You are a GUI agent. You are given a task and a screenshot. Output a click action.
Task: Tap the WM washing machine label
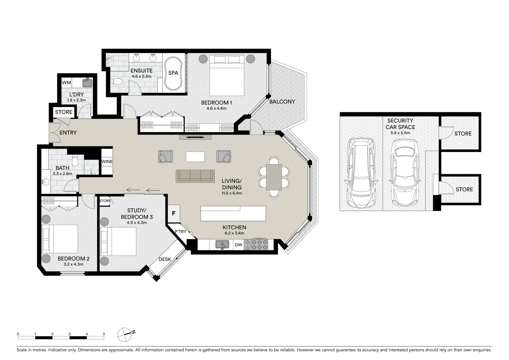tap(66, 82)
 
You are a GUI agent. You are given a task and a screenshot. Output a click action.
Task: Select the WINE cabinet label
tap(107, 162)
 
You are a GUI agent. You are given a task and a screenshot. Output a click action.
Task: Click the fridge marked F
tap(173, 213)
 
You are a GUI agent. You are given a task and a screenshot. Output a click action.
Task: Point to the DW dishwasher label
tap(239, 245)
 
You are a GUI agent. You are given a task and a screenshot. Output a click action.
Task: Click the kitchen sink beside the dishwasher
tap(222, 245)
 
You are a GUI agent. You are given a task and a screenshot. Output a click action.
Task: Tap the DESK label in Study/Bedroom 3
tap(165, 259)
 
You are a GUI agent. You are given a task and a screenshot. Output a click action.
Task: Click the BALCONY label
tap(282, 102)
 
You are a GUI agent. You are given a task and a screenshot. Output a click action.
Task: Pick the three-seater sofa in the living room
tap(195, 176)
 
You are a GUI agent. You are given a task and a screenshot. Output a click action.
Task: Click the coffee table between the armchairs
tap(195, 157)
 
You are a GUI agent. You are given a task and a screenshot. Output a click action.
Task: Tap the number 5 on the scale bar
tap(104, 334)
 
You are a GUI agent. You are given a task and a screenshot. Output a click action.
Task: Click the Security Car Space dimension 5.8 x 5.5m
tap(400, 133)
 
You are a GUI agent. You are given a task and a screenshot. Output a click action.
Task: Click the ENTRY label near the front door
tap(68, 133)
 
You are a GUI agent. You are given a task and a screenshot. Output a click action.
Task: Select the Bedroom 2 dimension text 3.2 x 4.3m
tap(73, 264)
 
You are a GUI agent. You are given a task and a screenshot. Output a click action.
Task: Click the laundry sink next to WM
tap(88, 82)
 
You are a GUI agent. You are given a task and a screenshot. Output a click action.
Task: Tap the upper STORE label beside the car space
tap(463, 134)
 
